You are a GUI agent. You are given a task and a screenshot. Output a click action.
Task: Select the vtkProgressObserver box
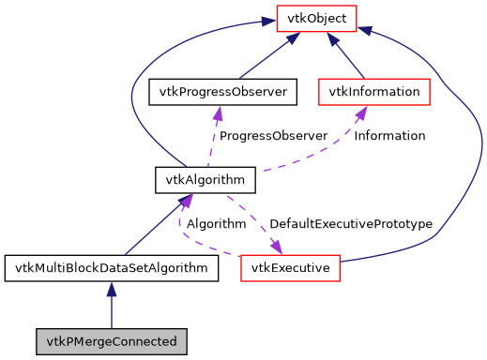pyautogui.click(x=223, y=92)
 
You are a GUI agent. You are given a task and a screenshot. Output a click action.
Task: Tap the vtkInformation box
pyautogui.click(x=374, y=92)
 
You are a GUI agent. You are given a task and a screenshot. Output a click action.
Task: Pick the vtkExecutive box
pyautogui.click(x=290, y=268)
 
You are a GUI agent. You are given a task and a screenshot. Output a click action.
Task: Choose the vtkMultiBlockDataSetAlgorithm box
pyautogui.click(x=112, y=268)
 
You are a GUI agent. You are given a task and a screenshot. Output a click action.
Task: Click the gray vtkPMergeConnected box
pyautogui.click(x=112, y=340)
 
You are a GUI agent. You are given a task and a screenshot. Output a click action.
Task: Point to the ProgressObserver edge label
pyautogui.click(x=273, y=136)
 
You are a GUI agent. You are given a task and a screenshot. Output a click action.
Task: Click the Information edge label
pyautogui.click(x=389, y=136)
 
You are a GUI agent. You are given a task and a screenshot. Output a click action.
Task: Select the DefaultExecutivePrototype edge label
pyautogui.click(x=350, y=224)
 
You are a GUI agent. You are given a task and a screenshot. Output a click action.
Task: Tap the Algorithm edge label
pyautogui.click(x=216, y=224)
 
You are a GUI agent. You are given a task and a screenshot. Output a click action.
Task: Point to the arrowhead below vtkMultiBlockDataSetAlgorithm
pyautogui.click(x=112, y=290)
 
